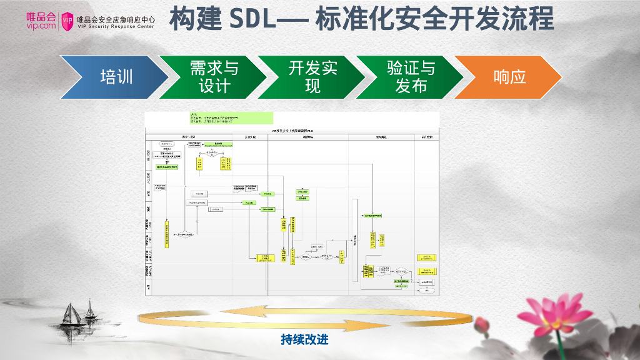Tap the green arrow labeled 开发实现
point(312,77)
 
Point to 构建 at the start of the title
point(195,19)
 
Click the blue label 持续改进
point(304,339)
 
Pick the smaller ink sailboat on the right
point(90,310)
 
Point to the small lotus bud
point(482,324)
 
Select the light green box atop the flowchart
point(231,117)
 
